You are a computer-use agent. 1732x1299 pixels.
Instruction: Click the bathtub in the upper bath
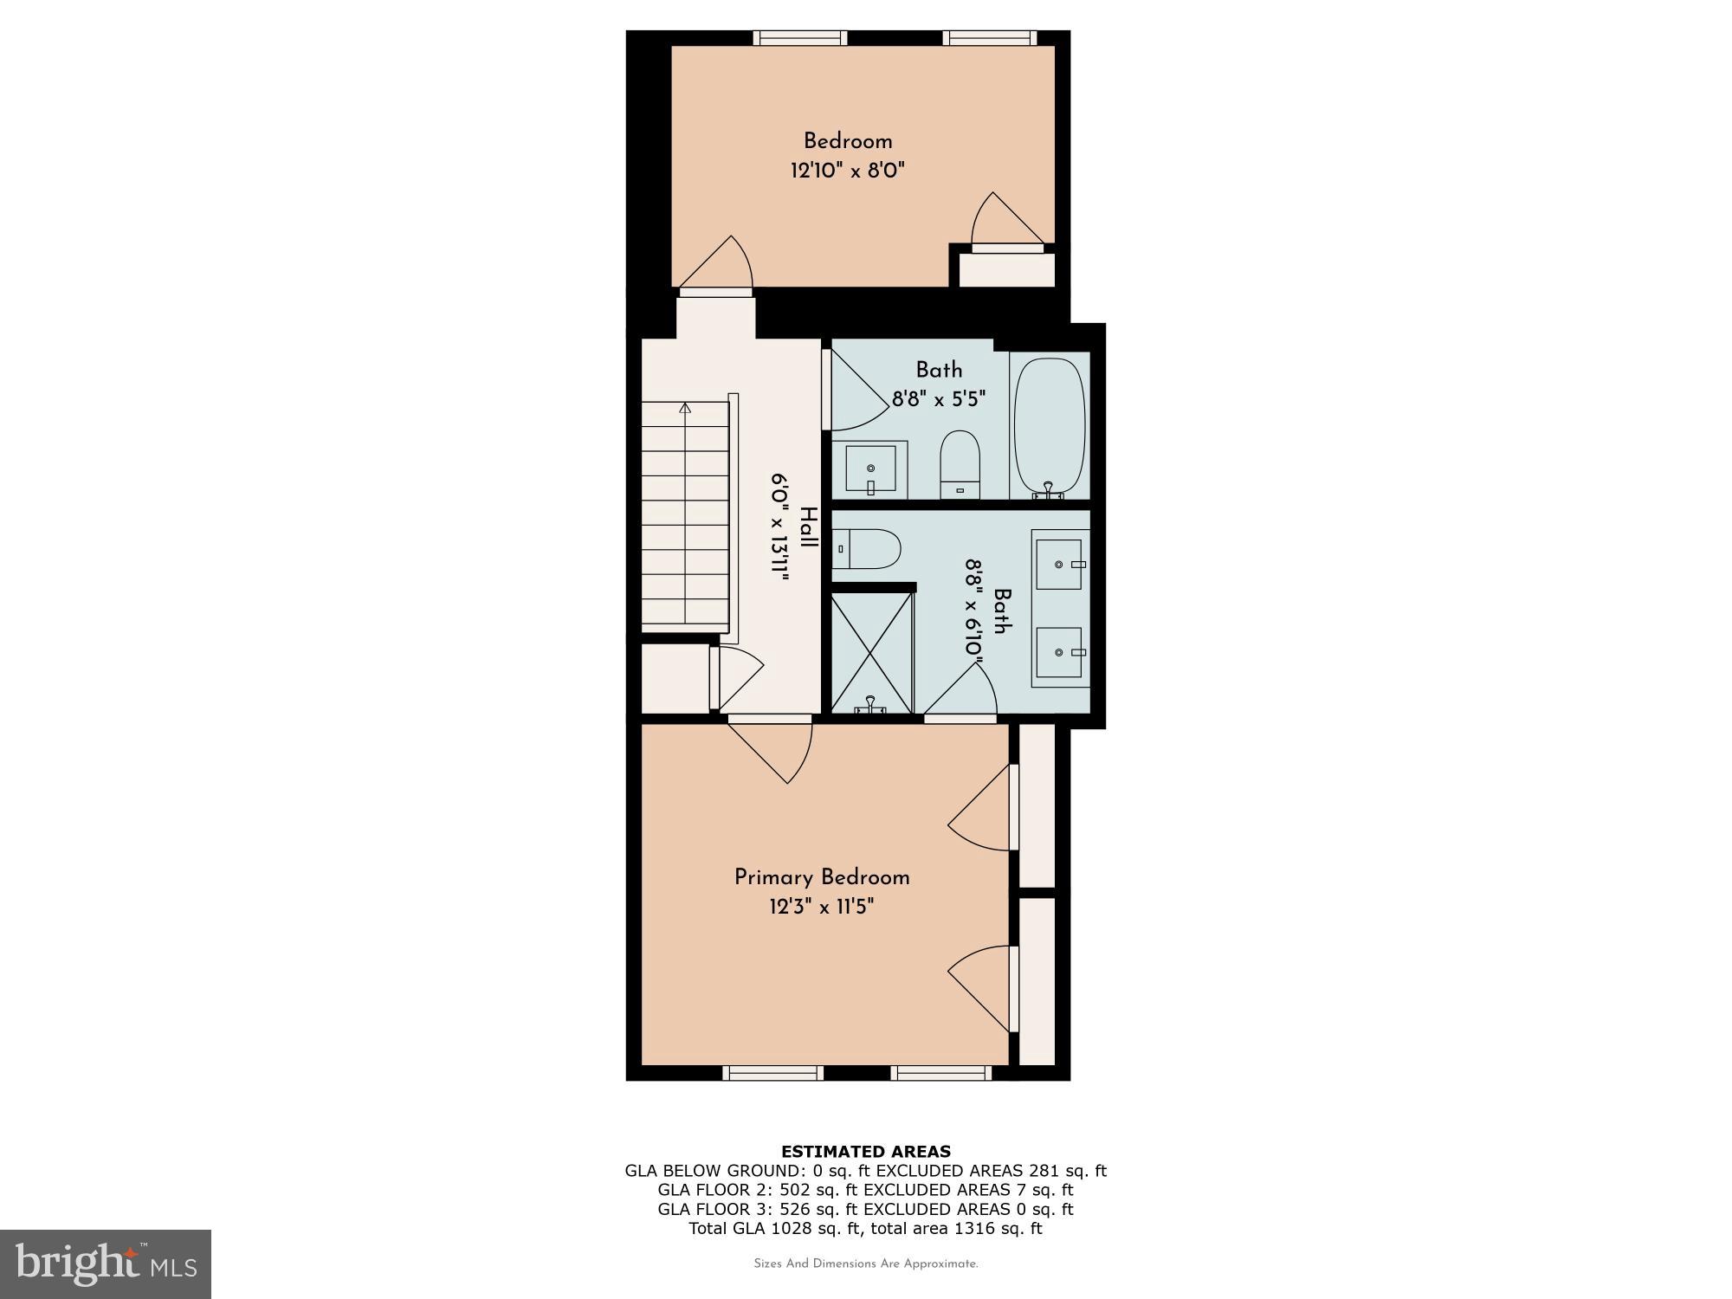coord(1049,428)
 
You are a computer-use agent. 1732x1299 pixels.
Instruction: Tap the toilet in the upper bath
coord(960,464)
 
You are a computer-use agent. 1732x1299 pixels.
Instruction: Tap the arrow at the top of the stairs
coord(686,407)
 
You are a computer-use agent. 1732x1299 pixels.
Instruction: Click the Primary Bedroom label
coord(822,877)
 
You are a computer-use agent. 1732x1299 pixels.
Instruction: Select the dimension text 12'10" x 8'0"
coord(847,171)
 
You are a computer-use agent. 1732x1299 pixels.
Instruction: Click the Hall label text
coord(807,527)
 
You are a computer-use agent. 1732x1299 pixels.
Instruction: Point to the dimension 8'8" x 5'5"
coord(939,399)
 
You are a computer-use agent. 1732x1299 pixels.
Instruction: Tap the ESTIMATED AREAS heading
coord(866,1151)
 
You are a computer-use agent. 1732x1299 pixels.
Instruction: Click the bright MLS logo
coord(106,1263)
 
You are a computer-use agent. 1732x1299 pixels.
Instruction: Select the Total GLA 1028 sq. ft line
coord(866,1228)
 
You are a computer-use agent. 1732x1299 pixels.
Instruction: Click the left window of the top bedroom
coord(799,38)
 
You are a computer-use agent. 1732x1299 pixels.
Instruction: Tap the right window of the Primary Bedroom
coord(940,1073)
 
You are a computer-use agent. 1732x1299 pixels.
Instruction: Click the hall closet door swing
coord(738,675)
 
